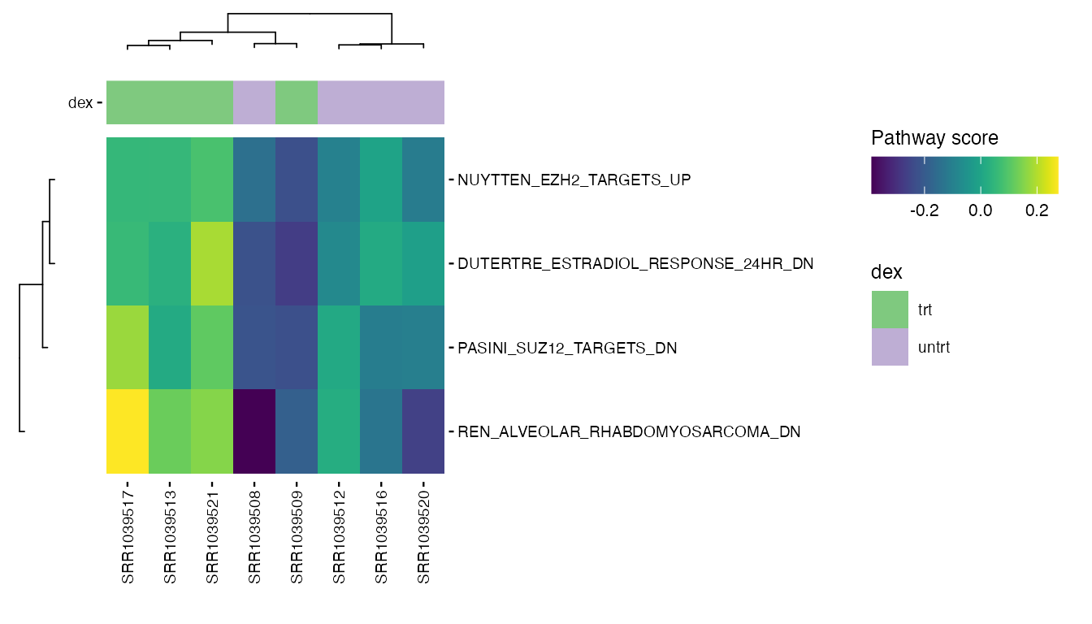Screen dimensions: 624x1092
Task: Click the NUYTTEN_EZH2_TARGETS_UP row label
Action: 574,180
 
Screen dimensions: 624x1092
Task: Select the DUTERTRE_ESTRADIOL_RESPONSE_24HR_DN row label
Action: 635,264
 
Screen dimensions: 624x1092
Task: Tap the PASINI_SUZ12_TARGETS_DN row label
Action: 567,348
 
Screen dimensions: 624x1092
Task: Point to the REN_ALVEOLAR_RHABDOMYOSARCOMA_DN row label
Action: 629,432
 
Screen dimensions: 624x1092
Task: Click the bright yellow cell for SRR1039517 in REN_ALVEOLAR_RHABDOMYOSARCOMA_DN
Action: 128,431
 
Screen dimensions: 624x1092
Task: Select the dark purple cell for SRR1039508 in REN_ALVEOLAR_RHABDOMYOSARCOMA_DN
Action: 254,431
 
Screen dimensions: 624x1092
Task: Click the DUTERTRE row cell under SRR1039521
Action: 212,263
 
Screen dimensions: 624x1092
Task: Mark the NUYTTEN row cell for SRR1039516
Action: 381,180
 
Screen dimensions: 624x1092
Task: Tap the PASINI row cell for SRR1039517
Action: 128,348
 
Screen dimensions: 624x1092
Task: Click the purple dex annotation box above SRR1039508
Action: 254,103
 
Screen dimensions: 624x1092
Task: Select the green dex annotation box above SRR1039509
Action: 297,103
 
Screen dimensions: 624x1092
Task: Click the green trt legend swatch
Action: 890,310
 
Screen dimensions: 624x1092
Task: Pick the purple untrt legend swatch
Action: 890,347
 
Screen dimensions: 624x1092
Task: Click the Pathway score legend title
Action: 934,138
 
